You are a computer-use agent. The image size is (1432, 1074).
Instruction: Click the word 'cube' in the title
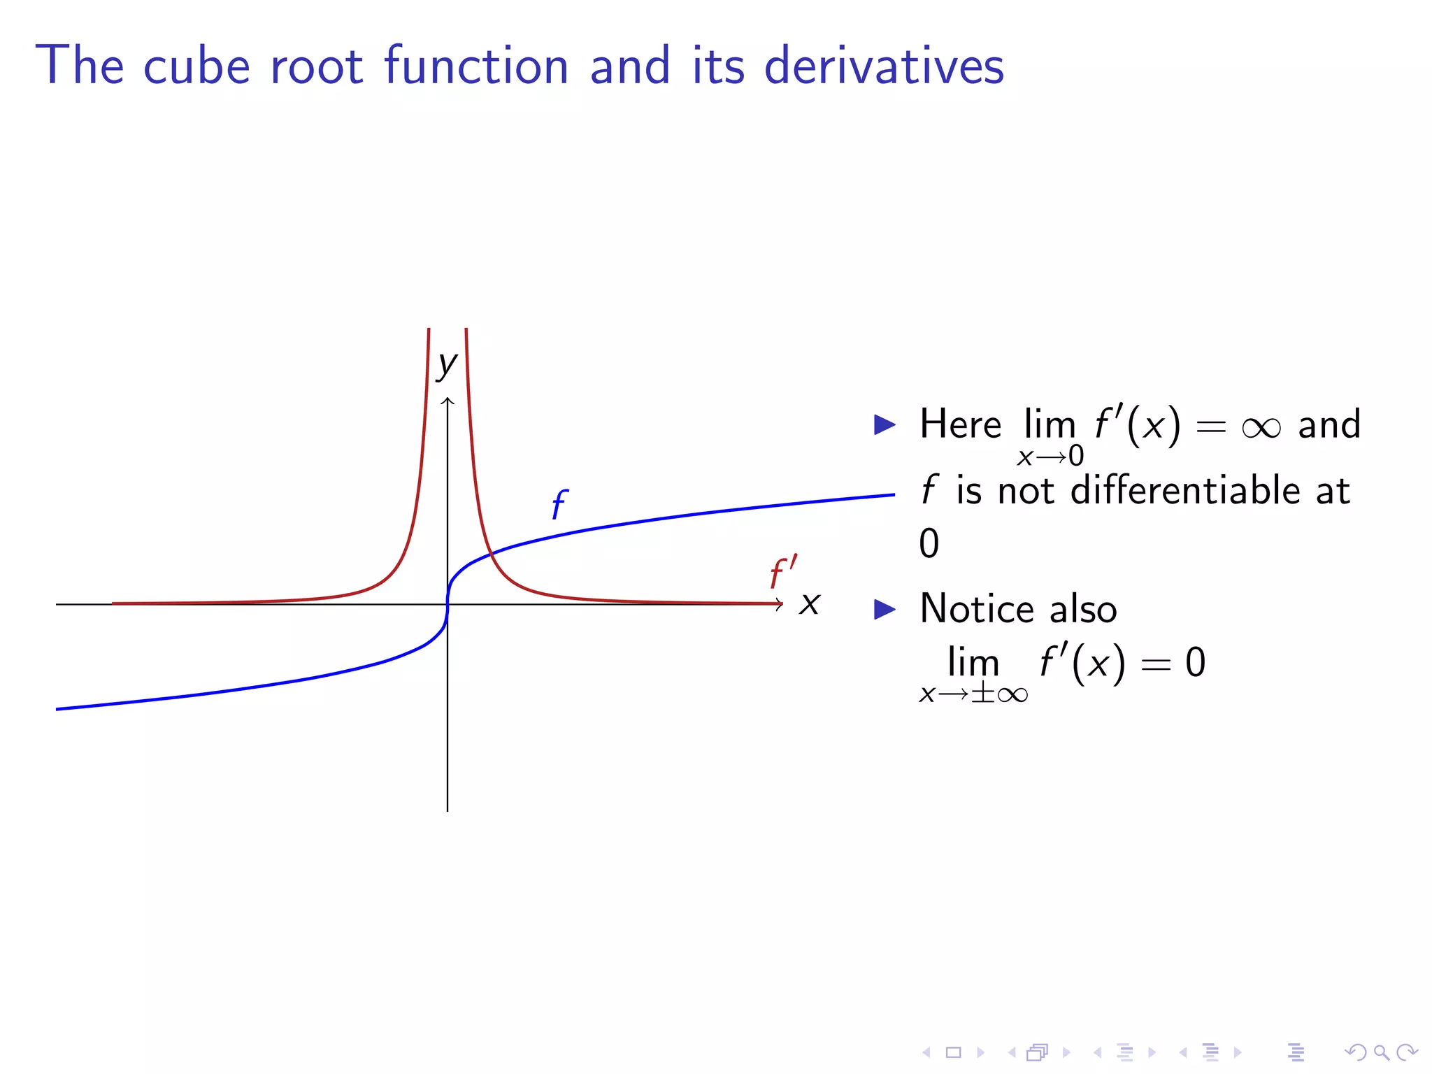coord(196,66)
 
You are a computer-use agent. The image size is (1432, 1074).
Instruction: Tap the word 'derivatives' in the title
coord(884,66)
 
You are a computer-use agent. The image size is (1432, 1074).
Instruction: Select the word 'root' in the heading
coord(316,67)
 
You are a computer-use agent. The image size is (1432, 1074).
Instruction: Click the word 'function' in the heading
coord(476,66)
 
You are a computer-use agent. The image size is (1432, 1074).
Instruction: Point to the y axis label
coord(446,364)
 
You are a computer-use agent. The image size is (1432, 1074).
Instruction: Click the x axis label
coord(810,603)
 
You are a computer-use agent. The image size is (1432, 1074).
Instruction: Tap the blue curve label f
coord(559,504)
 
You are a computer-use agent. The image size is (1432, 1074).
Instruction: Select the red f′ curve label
coord(783,573)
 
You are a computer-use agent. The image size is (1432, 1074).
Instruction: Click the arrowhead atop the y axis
coord(447,401)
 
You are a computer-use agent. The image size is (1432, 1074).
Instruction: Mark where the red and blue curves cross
coord(492,553)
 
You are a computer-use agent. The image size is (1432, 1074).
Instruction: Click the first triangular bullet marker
coord(885,424)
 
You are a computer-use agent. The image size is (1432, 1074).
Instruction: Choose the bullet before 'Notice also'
coord(885,609)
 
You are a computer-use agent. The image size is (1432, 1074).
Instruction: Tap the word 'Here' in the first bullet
coord(960,424)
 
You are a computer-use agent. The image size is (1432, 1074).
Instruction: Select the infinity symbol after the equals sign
coord(1261,427)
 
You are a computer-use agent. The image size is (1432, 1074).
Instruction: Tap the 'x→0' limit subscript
coord(1050,457)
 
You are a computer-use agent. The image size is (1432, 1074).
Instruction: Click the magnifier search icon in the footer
coord(1381,1052)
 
